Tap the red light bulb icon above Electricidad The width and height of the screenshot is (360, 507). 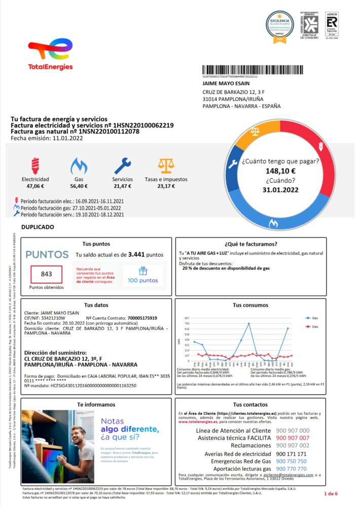[35, 164]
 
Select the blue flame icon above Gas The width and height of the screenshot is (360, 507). [79, 165]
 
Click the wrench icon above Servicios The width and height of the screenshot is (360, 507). [122, 165]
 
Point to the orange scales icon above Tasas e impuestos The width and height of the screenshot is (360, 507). [165, 165]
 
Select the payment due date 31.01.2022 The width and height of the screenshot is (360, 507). [280, 189]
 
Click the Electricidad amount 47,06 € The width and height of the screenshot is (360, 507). [35, 186]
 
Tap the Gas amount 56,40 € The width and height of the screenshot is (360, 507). [79, 186]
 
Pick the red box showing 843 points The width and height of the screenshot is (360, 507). [47, 274]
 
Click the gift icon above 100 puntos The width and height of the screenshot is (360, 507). [142, 271]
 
